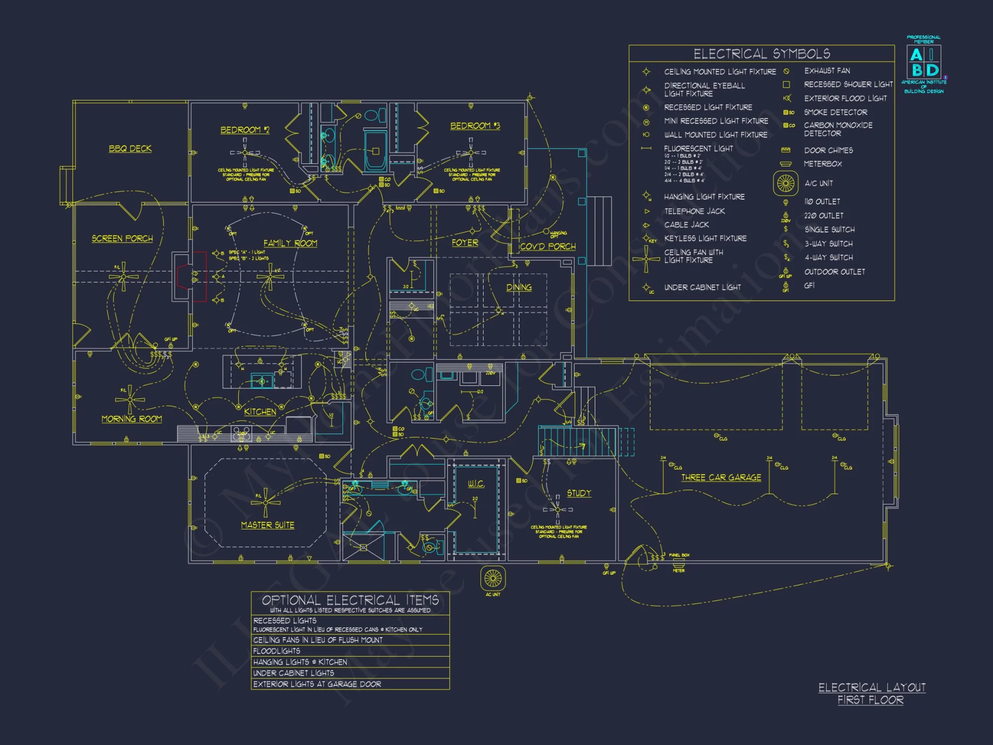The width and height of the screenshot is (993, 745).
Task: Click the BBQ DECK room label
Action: [x=130, y=149]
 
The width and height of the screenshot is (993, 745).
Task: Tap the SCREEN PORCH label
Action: [x=122, y=238]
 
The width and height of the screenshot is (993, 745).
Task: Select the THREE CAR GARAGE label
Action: [x=721, y=477]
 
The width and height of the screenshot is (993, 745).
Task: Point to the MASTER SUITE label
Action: [x=268, y=525]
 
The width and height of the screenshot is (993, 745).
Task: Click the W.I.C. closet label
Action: [x=476, y=483]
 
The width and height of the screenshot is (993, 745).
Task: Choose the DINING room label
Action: [x=519, y=287]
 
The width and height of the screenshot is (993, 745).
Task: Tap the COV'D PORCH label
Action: [x=548, y=246]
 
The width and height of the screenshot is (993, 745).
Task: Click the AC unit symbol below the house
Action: [x=493, y=578]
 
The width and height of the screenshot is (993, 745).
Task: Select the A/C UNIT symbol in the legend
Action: [x=785, y=183]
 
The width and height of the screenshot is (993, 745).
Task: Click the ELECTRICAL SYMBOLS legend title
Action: [x=762, y=54]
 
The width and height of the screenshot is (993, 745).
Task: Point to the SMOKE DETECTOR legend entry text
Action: [x=836, y=112]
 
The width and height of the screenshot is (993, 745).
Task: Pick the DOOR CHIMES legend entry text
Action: [x=828, y=150]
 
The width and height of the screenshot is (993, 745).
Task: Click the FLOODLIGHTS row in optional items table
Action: [x=277, y=651]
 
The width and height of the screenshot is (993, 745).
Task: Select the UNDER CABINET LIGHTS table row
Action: [x=293, y=673]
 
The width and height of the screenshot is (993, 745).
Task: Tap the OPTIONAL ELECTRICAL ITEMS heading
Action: [x=350, y=600]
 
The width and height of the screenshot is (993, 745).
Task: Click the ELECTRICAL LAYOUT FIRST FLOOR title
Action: [x=871, y=693]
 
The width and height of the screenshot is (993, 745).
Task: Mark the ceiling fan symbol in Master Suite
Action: [x=266, y=502]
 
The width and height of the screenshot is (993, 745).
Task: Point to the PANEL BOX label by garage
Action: [x=679, y=555]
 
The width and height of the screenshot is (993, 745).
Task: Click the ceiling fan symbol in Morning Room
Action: [x=130, y=399]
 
